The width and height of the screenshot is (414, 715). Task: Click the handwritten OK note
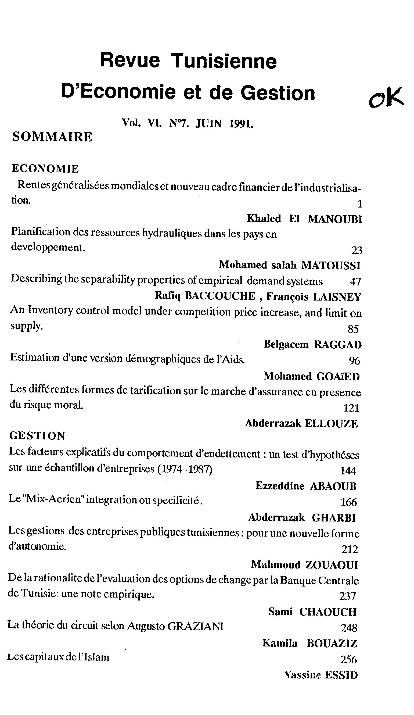pyautogui.click(x=386, y=98)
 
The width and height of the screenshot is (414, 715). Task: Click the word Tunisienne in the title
pyautogui.click(x=224, y=61)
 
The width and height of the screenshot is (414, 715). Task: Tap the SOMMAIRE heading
pyautogui.click(x=52, y=137)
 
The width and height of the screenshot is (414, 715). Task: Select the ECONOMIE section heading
pyautogui.click(x=45, y=169)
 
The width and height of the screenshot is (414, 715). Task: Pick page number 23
pyautogui.click(x=357, y=250)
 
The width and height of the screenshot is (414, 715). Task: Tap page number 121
pyautogui.click(x=351, y=408)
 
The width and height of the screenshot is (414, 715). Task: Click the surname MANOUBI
pyautogui.click(x=335, y=219)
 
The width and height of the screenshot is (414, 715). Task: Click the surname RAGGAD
pyautogui.click(x=338, y=345)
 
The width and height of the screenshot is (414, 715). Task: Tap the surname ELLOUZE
pyautogui.click(x=331, y=424)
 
